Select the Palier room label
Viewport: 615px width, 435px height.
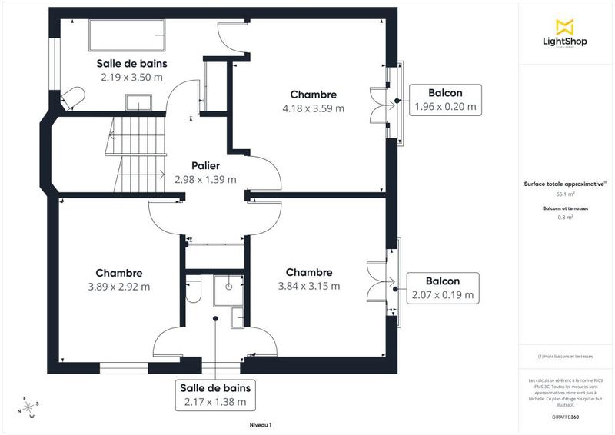click(x=205, y=165)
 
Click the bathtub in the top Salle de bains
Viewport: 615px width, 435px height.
click(x=128, y=34)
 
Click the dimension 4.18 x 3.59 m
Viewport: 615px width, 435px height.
click(x=313, y=108)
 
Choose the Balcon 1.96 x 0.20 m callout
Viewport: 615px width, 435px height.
click(x=445, y=99)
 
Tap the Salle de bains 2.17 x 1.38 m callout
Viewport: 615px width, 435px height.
click(x=215, y=394)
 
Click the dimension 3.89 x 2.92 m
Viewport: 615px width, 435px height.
click(x=118, y=287)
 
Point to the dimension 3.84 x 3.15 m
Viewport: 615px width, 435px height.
click(x=308, y=286)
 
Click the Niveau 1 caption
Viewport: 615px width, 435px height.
click(x=261, y=424)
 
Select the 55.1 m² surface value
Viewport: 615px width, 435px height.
click(x=565, y=194)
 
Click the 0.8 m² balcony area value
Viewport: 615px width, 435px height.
click(x=565, y=217)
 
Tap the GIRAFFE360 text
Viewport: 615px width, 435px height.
click(x=565, y=415)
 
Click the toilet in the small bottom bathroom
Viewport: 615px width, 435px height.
click(x=194, y=291)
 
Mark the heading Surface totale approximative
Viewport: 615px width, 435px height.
click(x=565, y=184)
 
